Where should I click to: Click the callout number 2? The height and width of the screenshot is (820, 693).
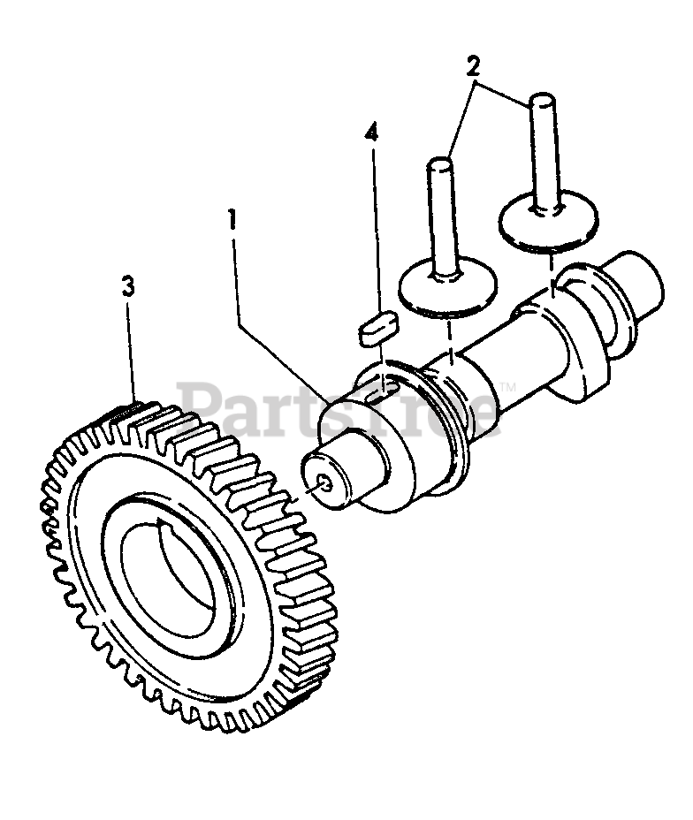[x=474, y=65]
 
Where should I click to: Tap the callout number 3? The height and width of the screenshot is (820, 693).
[x=129, y=286]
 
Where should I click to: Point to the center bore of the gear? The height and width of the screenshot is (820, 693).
[x=168, y=584]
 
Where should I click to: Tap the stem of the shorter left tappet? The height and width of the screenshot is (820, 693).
[x=440, y=211]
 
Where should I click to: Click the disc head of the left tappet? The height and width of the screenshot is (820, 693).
[x=447, y=288]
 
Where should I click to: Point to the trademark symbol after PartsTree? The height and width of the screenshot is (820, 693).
[x=507, y=387]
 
